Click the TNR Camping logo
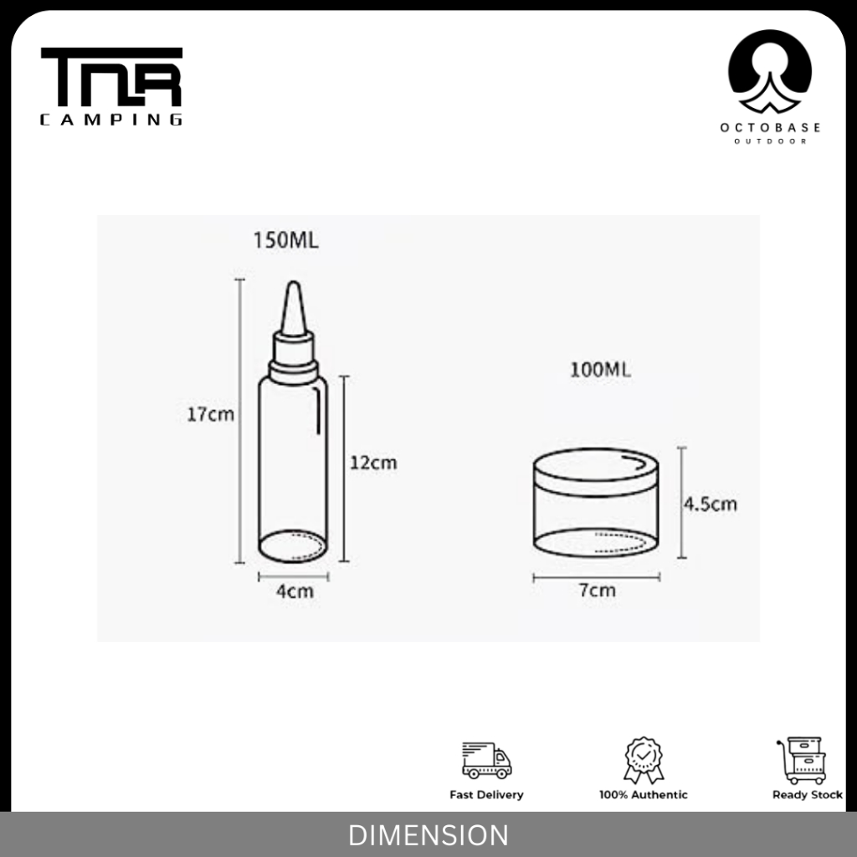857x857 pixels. tap(111, 86)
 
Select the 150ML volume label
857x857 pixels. tap(286, 241)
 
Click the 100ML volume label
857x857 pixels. tap(600, 369)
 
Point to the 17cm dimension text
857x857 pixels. tap(211, 414)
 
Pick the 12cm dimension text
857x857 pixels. tap(373, 462)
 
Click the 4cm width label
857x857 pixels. tap(295, 592)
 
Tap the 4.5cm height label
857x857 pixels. tap(711, 505)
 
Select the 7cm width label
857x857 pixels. tap(597, 590)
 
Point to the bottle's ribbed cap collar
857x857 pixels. tap(293, 368)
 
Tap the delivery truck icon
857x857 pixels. tap(486, 759)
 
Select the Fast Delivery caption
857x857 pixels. tap(486, 795)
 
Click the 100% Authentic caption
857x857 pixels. tap(644, 795)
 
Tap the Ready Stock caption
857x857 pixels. tap(807, 795)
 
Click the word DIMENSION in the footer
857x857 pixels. tap(428, 835)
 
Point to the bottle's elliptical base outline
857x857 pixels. tap(293, 546)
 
